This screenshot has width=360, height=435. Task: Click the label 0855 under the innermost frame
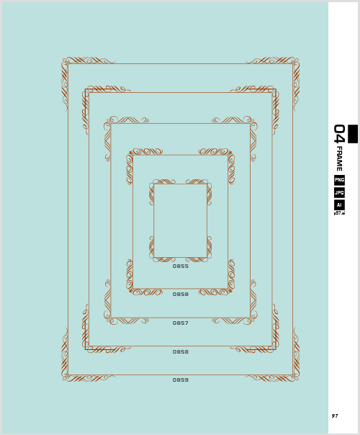pyautogui.click(x=181, y=266)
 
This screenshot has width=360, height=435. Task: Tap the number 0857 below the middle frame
pyautogui.click(x=181, y=323)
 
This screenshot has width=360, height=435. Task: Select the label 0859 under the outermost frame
pyautogui.click(x=181, y=380)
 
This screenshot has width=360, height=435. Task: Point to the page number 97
pyautogui.click(x=335, y=416)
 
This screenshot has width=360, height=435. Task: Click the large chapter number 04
pyautogui.click(x=339, y=134)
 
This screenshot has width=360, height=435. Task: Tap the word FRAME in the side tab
pyautogui.click(x=339, y=158)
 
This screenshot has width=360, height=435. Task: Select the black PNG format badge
pyautogui.click(x=339, y=180)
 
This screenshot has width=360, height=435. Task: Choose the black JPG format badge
pyautogui.click(x=339, y=192)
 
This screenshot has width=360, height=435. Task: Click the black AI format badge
pyautogui.click(x=339, y=205)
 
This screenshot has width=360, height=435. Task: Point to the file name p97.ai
pyautogui.click(x=339, y=213)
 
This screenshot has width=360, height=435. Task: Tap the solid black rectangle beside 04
pyautogui.click(x=353, y=134)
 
